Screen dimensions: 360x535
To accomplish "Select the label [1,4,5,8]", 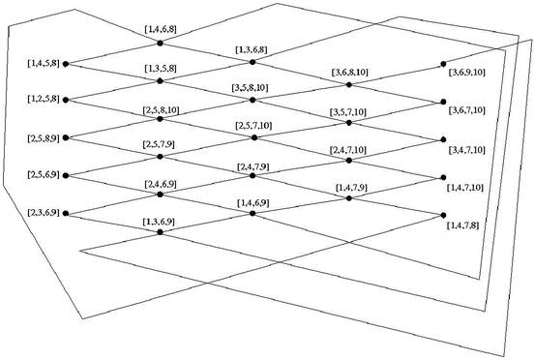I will (45, 63).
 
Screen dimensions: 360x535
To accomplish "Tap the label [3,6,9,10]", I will (467, 73).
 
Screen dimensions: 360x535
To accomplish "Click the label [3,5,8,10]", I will (253, 88).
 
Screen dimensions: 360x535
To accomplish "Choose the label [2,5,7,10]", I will (254, 127).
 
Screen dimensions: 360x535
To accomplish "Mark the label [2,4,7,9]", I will (254, 166).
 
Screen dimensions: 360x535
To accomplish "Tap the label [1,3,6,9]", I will (159, 223).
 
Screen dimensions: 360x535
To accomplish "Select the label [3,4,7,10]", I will (467, 149).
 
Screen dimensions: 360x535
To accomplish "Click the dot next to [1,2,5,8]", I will (66, 100).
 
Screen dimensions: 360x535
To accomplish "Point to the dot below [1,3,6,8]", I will (253, 61).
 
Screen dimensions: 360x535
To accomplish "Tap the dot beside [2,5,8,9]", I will (66, 137).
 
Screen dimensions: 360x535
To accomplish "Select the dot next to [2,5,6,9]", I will (66, 175).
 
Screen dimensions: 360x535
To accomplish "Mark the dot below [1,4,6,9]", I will (253, 213).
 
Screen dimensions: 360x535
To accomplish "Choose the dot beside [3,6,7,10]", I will (443, 101).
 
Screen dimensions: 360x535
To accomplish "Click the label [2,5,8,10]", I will (160, 108).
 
